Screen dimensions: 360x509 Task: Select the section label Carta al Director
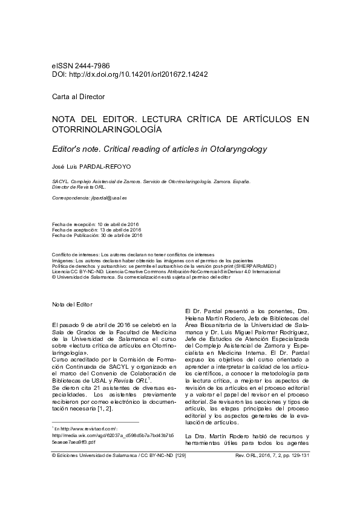coord(78,97)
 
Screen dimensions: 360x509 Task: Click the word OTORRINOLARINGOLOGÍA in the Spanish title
coord(107,129)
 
